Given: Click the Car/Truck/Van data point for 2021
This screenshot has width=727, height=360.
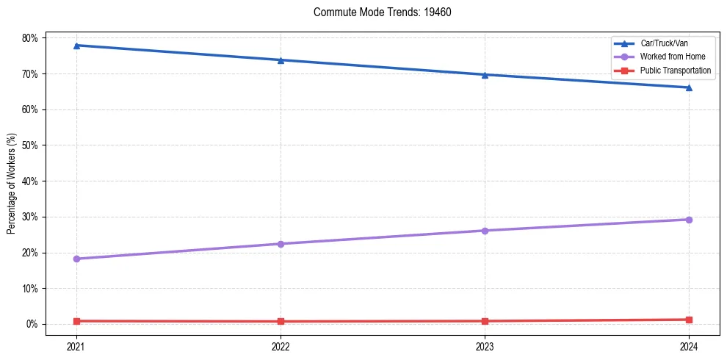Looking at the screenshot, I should pos(76,46).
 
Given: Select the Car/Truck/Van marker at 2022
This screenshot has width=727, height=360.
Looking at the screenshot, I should pos(281,60).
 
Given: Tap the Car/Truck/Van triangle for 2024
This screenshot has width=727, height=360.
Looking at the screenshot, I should pos(689,87).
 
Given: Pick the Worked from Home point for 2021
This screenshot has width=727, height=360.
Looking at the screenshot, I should pos(76,259).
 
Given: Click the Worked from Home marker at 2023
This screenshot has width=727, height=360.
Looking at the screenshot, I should pos(485,231).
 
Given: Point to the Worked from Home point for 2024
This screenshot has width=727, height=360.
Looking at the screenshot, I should pos(689,220).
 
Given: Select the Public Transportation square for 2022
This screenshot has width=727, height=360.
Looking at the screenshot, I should pos(281,321).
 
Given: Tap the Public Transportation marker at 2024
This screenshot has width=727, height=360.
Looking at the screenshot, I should pos(689,320).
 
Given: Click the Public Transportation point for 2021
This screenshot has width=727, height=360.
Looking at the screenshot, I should pos(76,321).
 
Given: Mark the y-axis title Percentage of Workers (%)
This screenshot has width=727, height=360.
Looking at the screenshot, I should pos(11,184).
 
